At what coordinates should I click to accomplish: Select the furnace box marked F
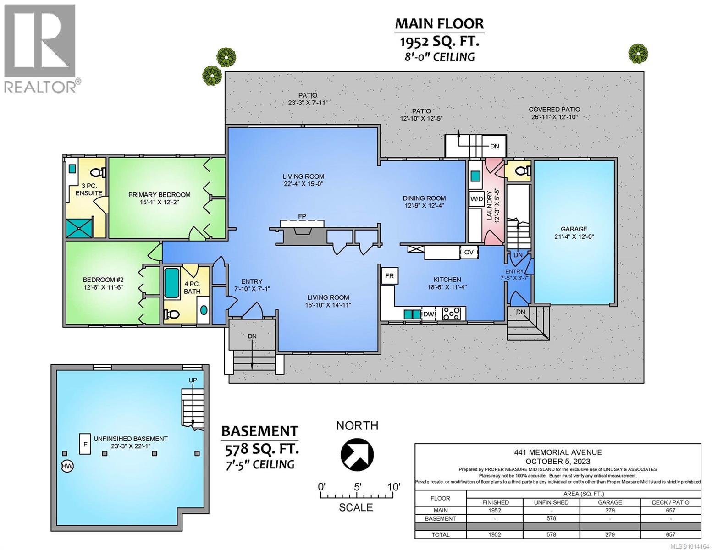click(x=85, y=443)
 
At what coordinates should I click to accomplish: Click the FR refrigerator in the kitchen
click(x=389, y=276)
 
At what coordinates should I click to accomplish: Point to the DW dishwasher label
click(x=429, y=314)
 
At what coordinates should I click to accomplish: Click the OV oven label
click(x=469, y=252)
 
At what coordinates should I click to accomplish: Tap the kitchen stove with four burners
click(x=451, y=314)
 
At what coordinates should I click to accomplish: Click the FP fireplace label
click(x=302, y=216)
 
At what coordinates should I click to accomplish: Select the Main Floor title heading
click(x=439, y=23)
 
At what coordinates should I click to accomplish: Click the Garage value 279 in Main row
click(x=610, y=510)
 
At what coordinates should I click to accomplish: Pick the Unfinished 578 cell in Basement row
click(x=551, y=518)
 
